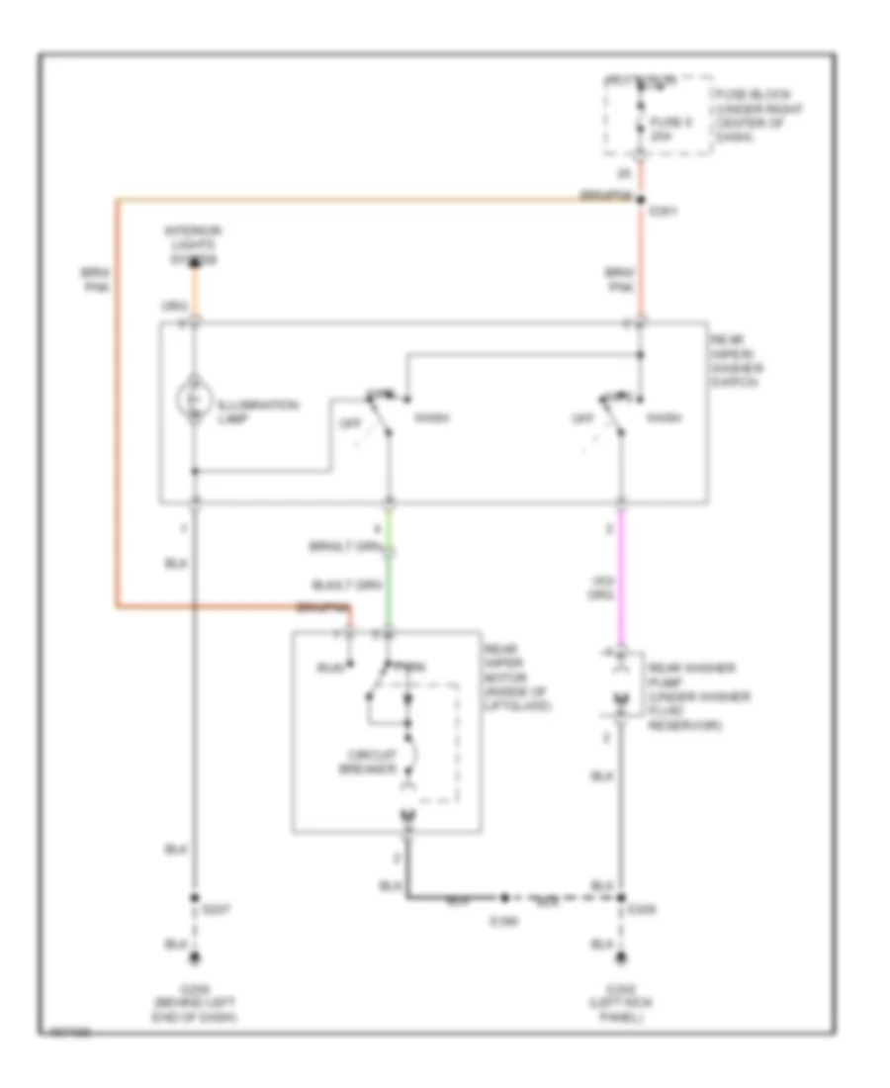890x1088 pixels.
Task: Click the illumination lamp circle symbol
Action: (195, 398)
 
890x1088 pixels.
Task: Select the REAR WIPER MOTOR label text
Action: (514, 677)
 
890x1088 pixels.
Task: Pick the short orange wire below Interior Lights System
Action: (195, 293)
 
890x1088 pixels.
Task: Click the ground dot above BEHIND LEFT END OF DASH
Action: (195, 958)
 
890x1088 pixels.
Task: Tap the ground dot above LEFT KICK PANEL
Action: (621, 958)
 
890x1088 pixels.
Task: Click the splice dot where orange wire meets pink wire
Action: (641, 199)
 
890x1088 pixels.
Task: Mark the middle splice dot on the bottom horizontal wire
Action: (504, 899)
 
